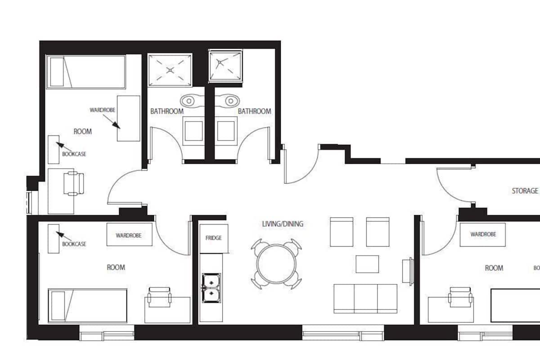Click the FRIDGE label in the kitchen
[213, 238]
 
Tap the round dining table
[276, 264]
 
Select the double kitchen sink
[211, 288]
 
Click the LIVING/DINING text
[283, 224]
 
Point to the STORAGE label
[525, 191]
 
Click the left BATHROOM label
[167, 111]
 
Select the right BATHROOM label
[254, 111]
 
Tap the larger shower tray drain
[170, 70]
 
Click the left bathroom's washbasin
[192, 101]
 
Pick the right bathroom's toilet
[226, 131]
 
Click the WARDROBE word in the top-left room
[103, 110]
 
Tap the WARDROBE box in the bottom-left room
[130, 234]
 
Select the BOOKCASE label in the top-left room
[74, 154]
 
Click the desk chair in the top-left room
[74, 183]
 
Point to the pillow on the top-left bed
[57, 72]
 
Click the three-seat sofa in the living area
[365, 298]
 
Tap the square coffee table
[367, 264]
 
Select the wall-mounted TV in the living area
[408, 271]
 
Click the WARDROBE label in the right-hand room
[483, 234]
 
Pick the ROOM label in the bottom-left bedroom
[116, 267]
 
